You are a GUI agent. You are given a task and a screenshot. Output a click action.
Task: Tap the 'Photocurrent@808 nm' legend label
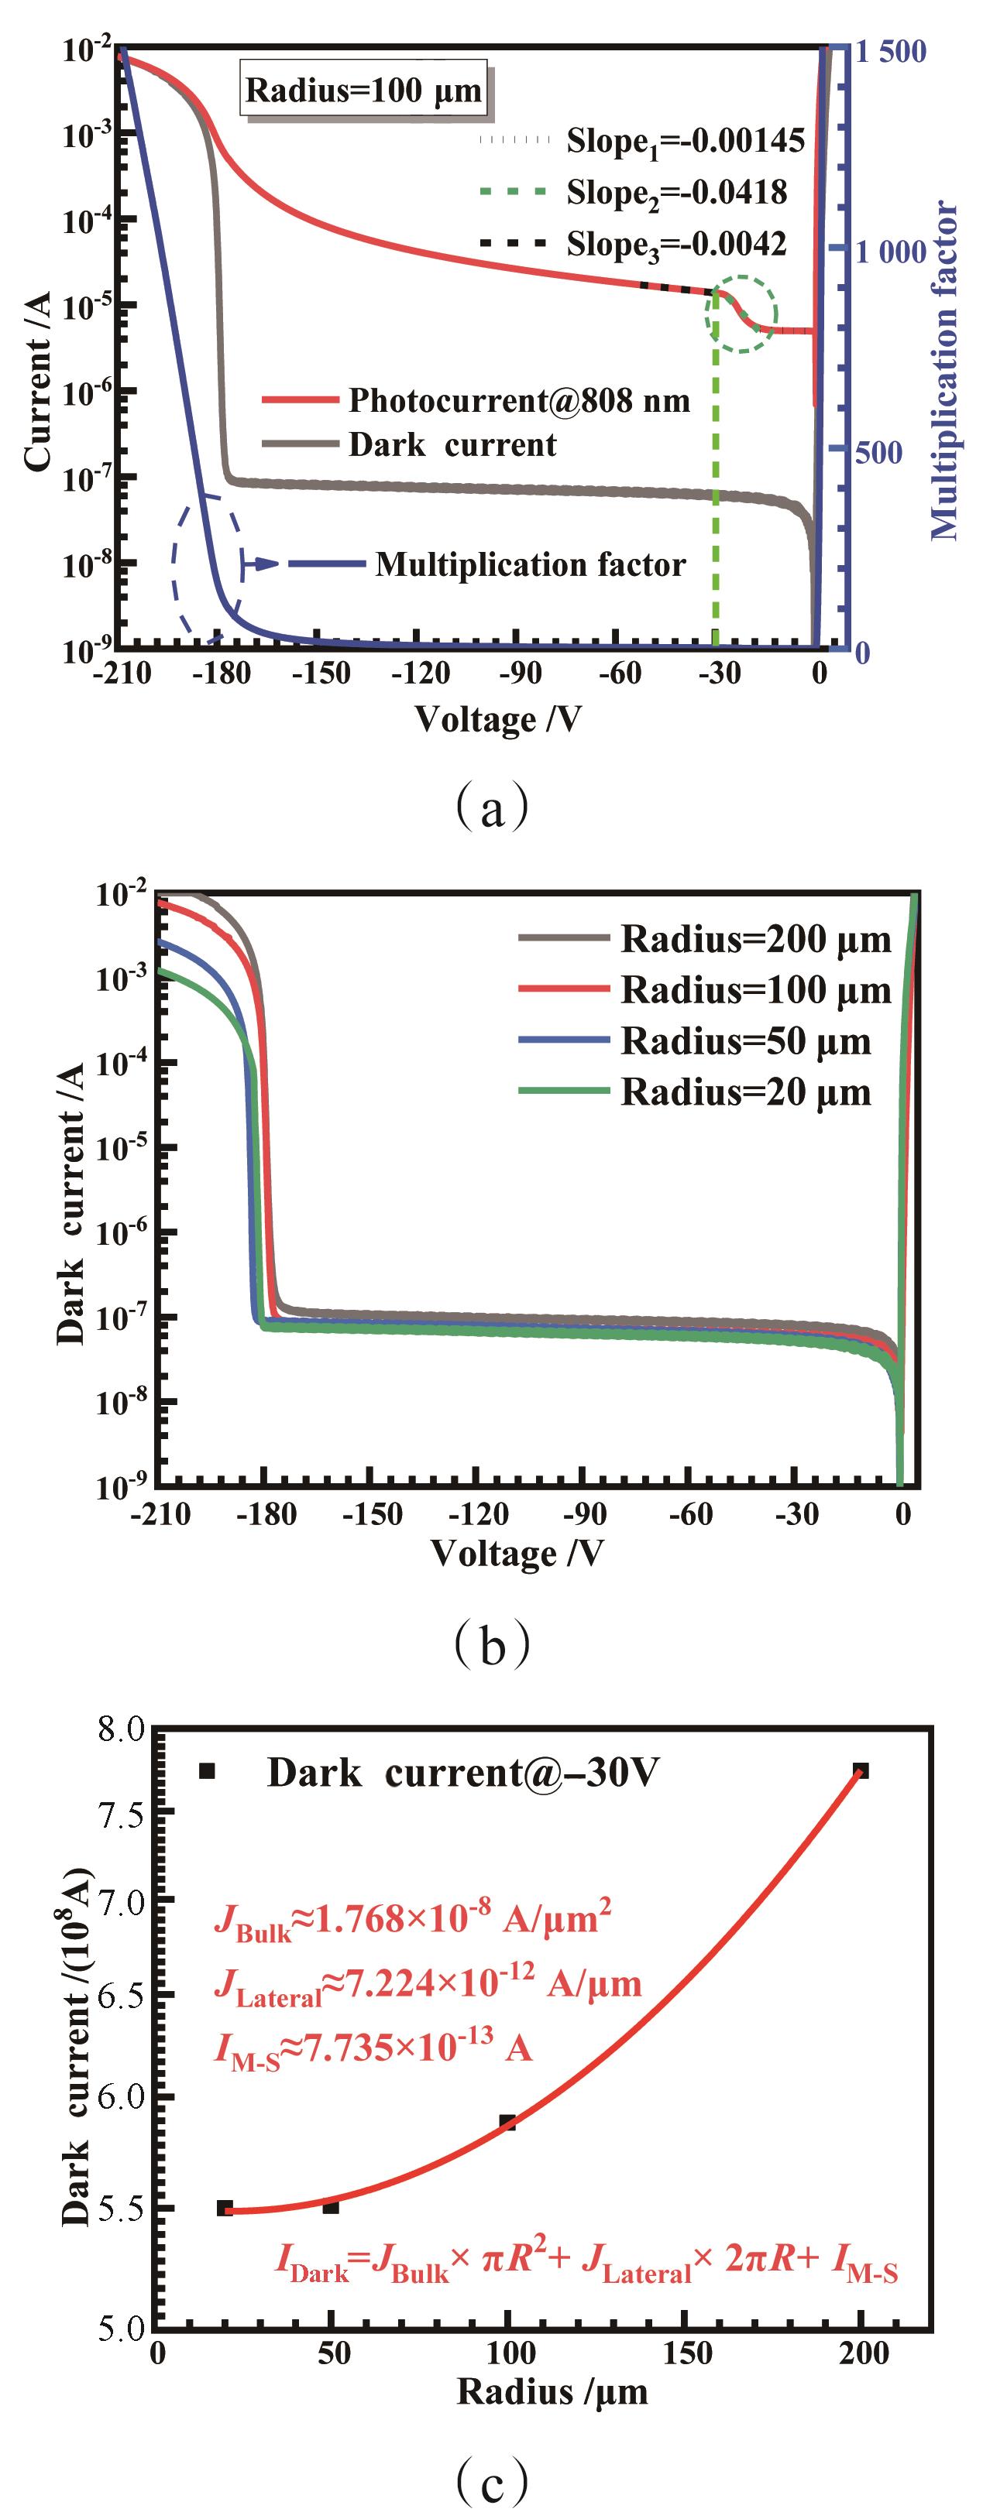click(519, 400)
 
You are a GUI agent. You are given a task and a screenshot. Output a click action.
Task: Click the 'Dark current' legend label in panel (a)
click(452, 445)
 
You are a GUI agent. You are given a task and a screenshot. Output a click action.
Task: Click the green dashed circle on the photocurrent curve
click(741, 313)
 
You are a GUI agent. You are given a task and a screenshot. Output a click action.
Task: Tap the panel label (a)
click(492, 807)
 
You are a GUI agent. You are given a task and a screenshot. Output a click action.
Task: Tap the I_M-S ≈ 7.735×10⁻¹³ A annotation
click(373, 2048)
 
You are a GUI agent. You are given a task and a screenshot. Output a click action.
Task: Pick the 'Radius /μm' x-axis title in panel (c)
click(552, 2392)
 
